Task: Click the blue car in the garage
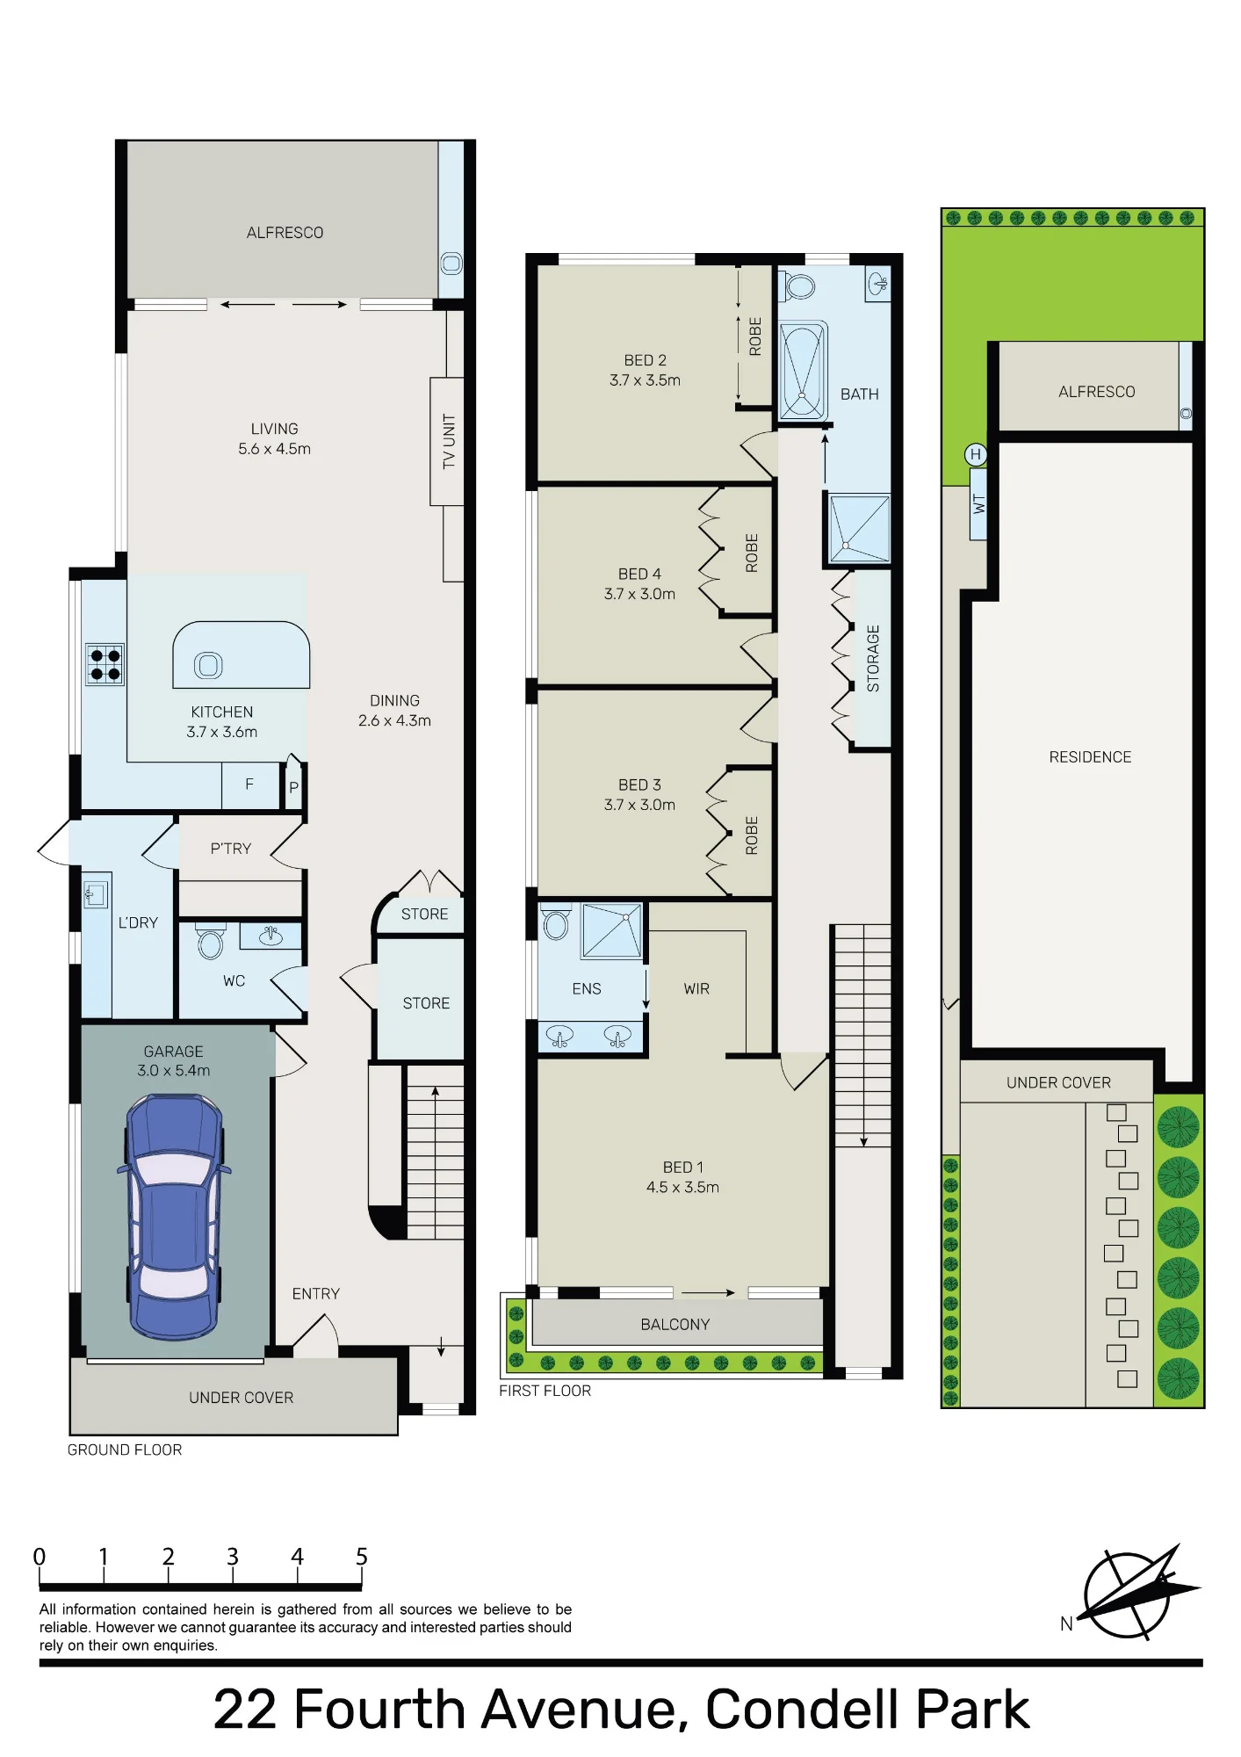(174, 1217)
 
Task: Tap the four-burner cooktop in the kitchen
(105, 664)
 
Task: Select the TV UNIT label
(449, 441)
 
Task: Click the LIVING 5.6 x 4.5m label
(274, 439)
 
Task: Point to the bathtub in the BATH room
(803, 371)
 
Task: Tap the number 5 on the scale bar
(361, 1557)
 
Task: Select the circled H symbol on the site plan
(975, 454)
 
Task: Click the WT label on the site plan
(979, 504)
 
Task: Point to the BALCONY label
(675, 1324)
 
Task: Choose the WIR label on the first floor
(696, 989)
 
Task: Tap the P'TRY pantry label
(230, 849)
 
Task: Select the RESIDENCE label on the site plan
(1090, 757)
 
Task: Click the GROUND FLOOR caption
(125, 1450)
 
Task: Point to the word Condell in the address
(804, 1710)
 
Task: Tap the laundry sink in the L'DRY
(96, 894)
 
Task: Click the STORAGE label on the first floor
(873, 658)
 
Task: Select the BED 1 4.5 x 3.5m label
(682, 1177)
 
